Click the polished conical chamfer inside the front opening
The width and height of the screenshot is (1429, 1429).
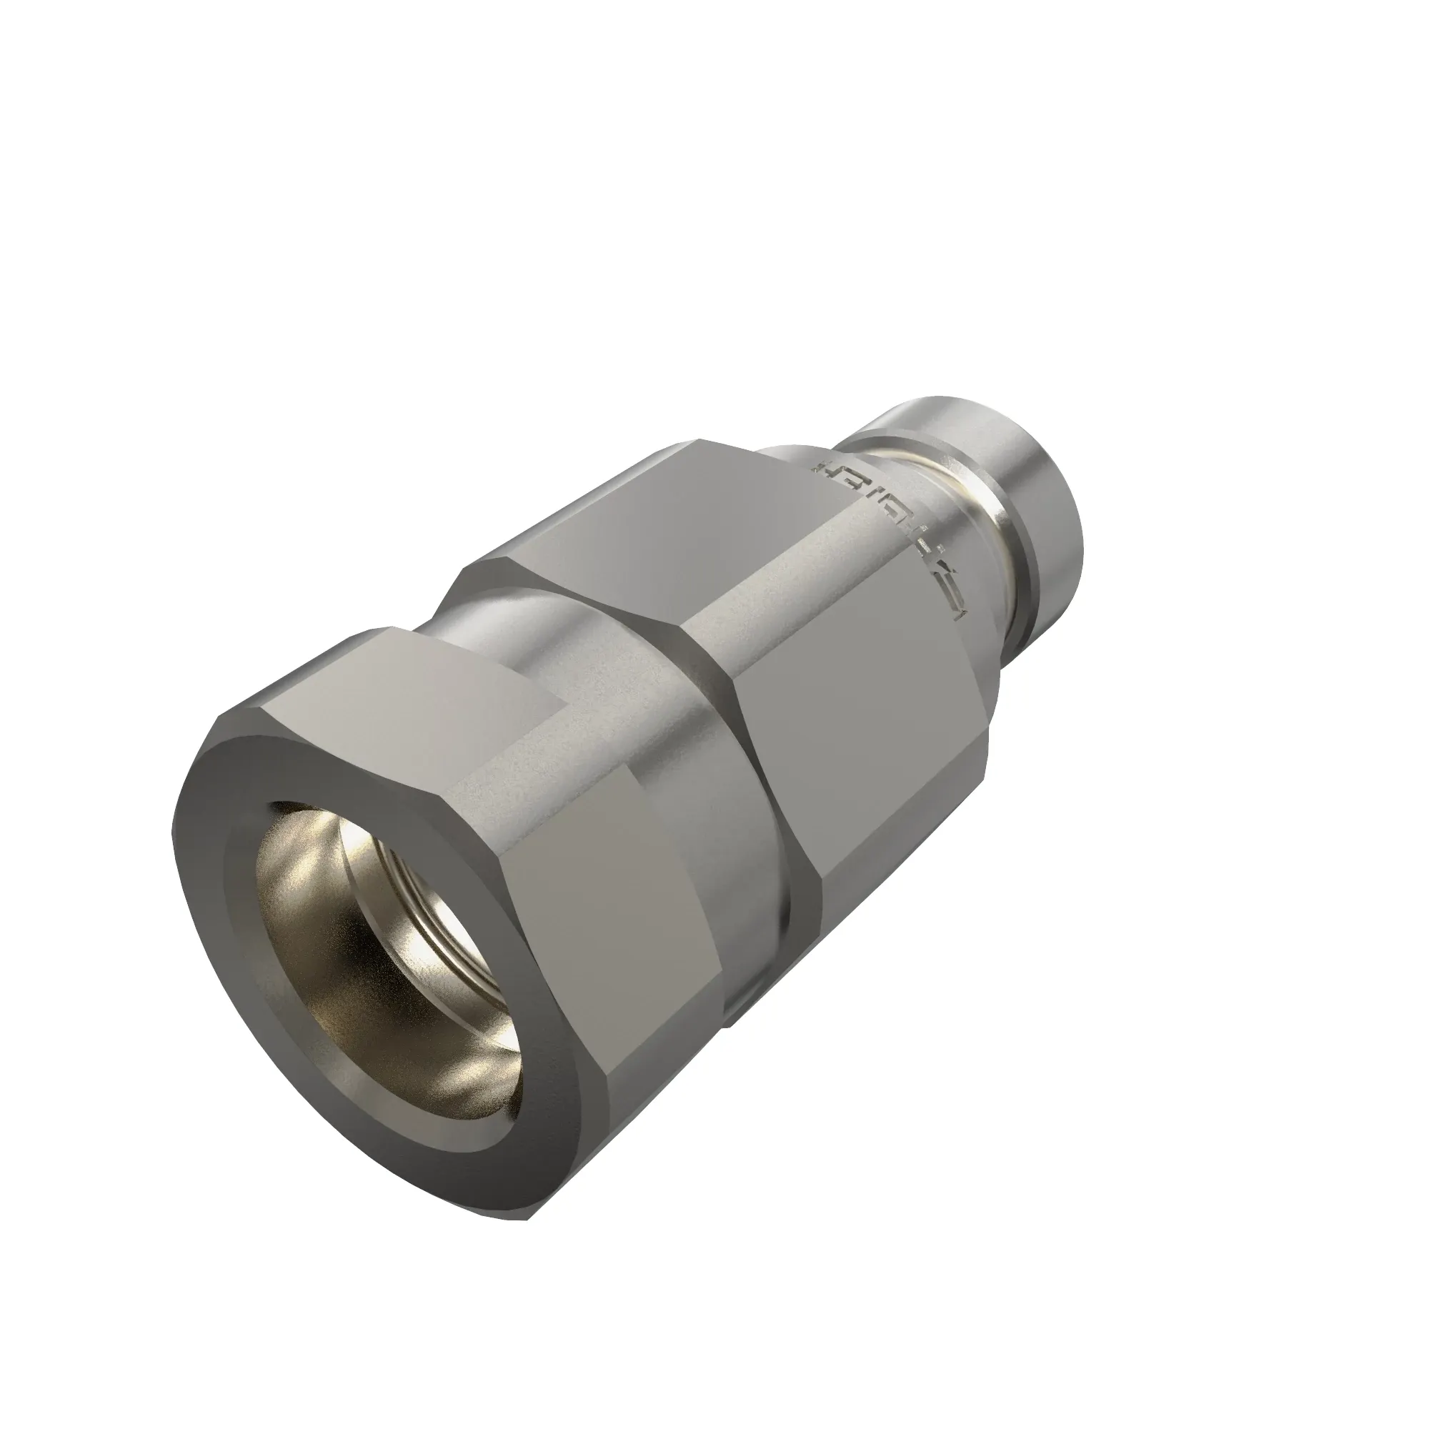click(311, 858)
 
